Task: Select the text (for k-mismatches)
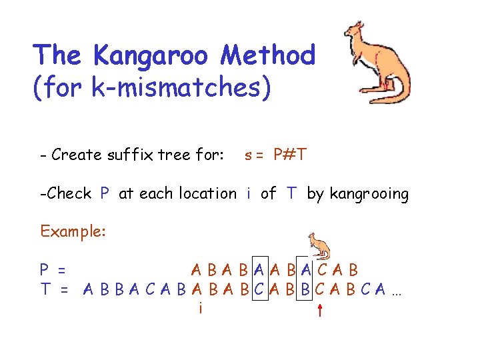click(152, 88)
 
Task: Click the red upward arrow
click(320, 309)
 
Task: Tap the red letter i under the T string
click(200, 308)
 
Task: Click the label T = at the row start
click(53, 290)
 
